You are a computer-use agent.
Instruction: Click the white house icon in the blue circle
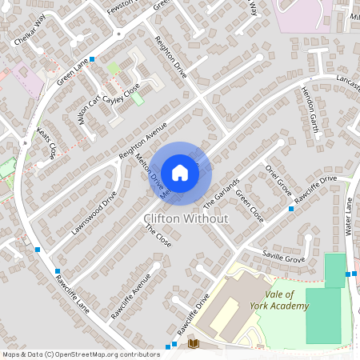tap(180, 173)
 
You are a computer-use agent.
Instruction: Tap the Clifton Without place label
tap(185, 218)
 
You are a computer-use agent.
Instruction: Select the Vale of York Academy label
tap(285, 299)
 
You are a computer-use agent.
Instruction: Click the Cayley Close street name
tap(120, 94)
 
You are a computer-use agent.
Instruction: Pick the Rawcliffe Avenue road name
tap(131, 296)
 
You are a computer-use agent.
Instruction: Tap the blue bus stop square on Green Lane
tap(92, 59)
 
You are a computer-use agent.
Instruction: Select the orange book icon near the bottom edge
tap(192, 344)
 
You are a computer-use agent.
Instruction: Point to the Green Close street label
tap(248, 206)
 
